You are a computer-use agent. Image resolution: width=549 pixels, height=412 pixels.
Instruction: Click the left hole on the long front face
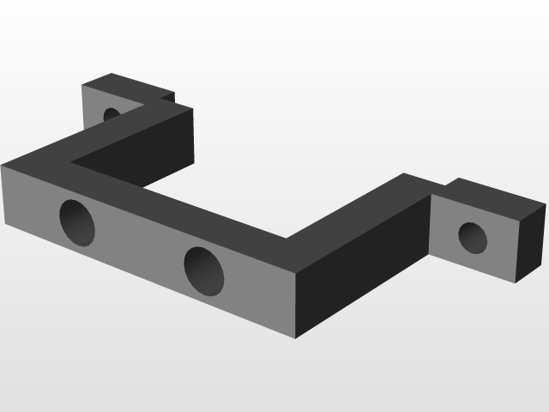coord(77,222)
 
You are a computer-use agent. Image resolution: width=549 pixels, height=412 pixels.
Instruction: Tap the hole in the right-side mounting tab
coord(473,238)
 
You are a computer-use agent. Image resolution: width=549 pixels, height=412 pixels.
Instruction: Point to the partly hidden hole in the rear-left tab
coord(111,113)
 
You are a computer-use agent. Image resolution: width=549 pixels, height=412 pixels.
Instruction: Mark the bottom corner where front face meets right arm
coord(296,338)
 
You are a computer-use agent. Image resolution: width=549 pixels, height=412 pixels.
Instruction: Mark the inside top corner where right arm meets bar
coord(286,238)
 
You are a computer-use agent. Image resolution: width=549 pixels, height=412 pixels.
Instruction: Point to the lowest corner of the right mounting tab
coord(515,282)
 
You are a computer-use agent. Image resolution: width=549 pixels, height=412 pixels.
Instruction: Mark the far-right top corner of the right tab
coord(546,204)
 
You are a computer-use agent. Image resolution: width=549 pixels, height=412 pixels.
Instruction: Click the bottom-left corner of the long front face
coord(5,223)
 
